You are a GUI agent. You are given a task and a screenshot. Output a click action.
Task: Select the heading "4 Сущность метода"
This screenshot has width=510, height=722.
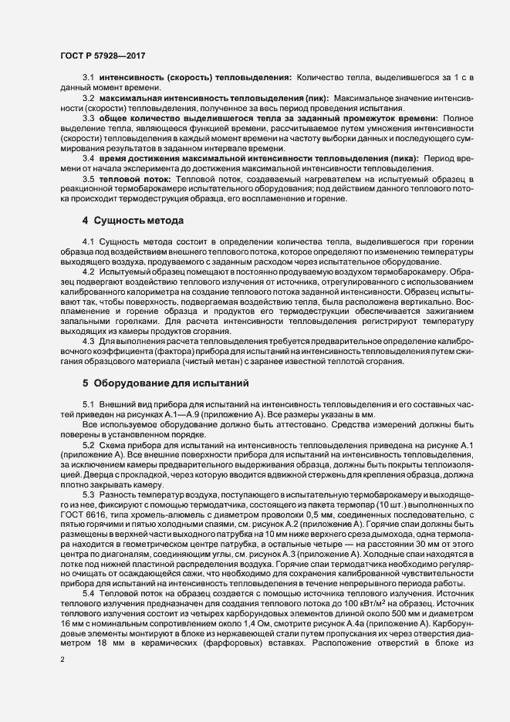[x=133, y=221]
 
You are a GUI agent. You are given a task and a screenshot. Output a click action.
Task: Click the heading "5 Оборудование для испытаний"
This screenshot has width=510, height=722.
[x=160, y=383]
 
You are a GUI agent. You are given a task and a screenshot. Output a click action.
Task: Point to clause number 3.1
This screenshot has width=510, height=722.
[x=88, y=79]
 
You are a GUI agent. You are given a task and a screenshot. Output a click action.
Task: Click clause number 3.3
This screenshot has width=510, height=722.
[x=88, y=118]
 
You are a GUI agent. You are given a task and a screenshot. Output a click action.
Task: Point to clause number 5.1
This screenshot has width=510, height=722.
[x=88, y=404]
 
